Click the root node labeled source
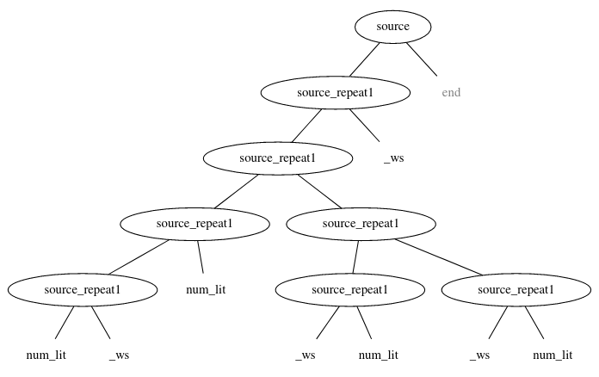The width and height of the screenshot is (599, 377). (392, 27)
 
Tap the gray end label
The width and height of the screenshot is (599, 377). (451, 92)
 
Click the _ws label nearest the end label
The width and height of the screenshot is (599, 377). (392, 158)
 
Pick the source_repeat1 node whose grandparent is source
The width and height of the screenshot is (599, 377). (278, 158)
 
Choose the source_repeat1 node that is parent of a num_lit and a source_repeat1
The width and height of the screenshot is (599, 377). (195, 224)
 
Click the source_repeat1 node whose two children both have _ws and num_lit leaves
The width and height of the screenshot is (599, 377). (360, 224)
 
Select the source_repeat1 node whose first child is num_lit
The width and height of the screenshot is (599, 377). (83, 289)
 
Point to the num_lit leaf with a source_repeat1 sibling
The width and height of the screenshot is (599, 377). (206, 289)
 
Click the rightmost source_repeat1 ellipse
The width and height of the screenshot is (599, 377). (516, 289)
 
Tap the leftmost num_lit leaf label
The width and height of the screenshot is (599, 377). (46, 355)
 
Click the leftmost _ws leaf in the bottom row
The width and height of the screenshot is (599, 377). (120, 355)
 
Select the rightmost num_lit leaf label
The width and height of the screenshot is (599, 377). (553, 355)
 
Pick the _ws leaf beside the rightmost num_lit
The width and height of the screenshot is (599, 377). (479, 355)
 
